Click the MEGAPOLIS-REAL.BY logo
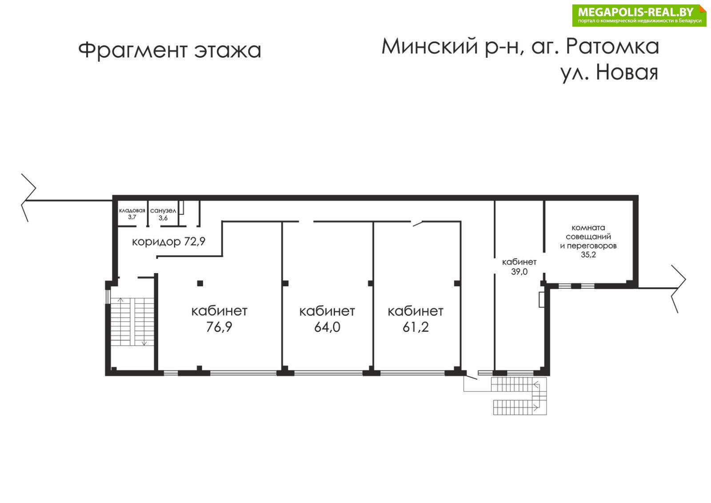click(639, 15)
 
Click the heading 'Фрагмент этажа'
click(170, 51)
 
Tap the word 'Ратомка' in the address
click(613, 47)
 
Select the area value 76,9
click(219, 327)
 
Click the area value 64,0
click(327, 327)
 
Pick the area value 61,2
click(415, 327)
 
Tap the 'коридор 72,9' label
click(168, 242)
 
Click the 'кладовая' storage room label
click(132, 210)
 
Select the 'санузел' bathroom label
click(163, 211)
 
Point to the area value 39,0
click(519, 272)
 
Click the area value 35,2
click(588, 254)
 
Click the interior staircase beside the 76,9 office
click(132, 322)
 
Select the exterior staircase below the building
click(519, 396)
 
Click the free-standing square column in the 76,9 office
click(200, 283)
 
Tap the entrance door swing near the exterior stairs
click(471, 377)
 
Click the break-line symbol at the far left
click(28, 197)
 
